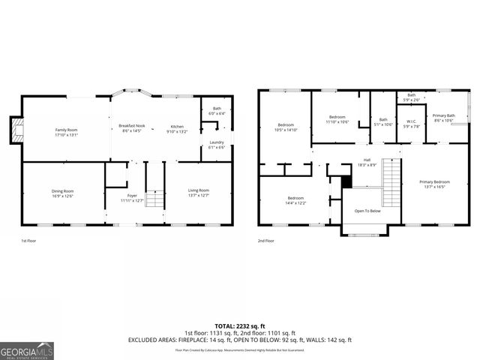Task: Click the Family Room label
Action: tap(66, 133)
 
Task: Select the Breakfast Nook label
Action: tap(131, 128)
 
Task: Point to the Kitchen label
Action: tap(176, 128)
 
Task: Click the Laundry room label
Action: tap(217, 145)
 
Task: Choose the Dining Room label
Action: tap(62, 193)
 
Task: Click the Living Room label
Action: tap(198, 193)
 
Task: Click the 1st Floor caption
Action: tap(29, 241)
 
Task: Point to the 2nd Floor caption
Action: tap(266, 241)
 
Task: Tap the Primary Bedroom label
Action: tap(435, 184)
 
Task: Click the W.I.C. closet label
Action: tap(411, 124)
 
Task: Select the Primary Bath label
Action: tap(443, 118)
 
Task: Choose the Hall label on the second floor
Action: tap(367, 161)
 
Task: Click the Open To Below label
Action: tap(367, 211)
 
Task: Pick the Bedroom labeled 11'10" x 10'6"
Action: tap(337, 119)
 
